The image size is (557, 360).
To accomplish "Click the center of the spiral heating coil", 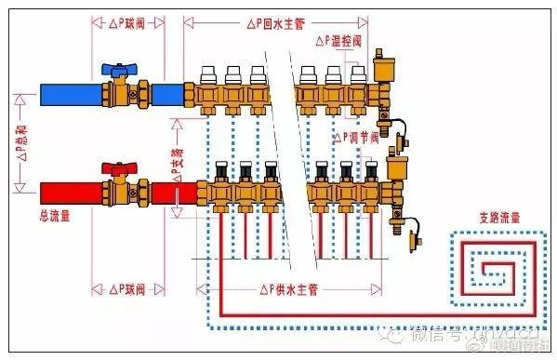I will pyautogui.click(x=493, y=268).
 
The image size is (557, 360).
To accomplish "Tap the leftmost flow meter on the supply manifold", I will pyautogui.click(x=222, y=172).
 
